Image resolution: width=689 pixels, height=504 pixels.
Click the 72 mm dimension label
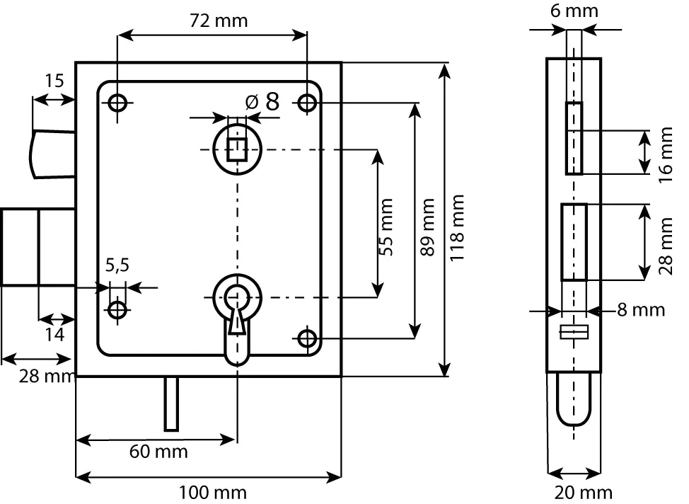219,21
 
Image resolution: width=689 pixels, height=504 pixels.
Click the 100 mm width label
212,492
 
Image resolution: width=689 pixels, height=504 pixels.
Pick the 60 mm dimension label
158,452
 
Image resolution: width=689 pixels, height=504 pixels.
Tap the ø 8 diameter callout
262,102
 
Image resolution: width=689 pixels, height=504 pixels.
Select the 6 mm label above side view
574,11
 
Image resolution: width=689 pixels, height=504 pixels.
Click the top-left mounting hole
117,103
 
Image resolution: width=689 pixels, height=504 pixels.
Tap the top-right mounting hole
307,103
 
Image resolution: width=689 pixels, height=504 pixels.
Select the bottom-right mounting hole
307,339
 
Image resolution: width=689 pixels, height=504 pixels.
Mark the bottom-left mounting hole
117,309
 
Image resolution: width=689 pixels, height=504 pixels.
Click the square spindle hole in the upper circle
237,149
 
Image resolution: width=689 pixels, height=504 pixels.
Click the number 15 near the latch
54,80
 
